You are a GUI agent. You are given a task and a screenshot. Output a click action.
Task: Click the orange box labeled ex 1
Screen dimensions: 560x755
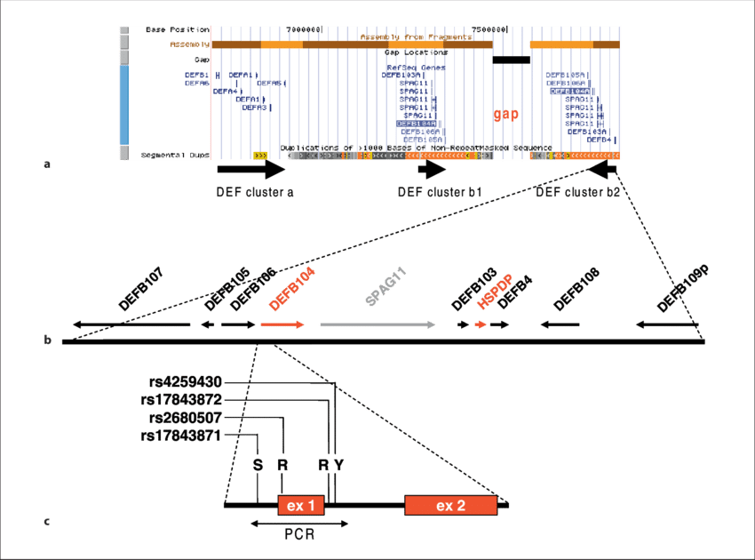(301, 506)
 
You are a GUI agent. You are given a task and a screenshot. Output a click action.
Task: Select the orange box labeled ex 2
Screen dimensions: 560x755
(449, 506)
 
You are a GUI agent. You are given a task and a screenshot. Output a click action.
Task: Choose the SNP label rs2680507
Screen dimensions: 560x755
(186, 418)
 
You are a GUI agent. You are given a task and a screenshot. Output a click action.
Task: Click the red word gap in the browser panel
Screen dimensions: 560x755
(505, 115)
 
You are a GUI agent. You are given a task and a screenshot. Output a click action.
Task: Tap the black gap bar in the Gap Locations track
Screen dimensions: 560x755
(511, 60)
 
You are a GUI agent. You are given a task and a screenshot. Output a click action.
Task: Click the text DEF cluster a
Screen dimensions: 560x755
(255, 191)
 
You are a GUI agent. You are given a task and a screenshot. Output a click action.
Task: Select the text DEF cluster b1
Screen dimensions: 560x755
(440, 191)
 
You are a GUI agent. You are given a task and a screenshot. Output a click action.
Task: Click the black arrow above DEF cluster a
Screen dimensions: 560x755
(251, 169)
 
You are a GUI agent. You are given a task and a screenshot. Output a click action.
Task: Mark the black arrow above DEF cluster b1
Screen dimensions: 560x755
(432, 169)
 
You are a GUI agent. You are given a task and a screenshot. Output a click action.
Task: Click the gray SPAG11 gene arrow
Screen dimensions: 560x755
(377, 324)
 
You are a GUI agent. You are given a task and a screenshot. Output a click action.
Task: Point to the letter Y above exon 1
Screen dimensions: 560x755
(338, 464)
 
